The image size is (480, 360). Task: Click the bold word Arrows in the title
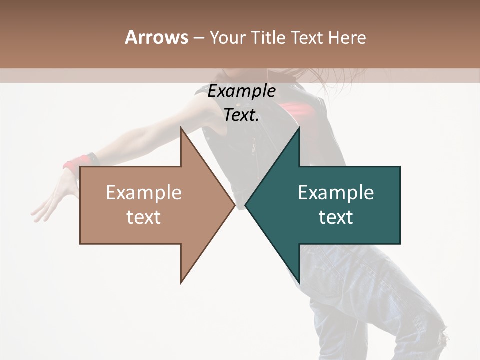[x=156, y=37]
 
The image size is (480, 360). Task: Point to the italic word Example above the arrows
[x=241, y=91]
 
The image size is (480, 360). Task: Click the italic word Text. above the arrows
[x=241, y=115]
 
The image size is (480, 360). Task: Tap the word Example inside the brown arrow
[x=144, y=193]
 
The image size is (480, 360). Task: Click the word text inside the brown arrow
[x=144, y=217]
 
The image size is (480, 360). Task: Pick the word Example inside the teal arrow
[x=336, y=193]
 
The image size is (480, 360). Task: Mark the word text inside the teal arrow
[x=336, y=217]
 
